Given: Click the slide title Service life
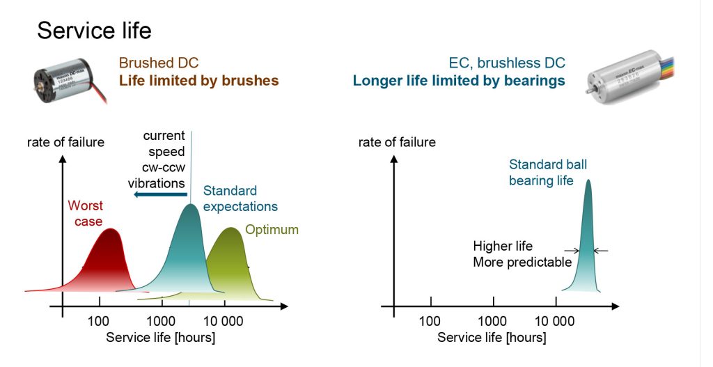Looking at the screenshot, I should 94,30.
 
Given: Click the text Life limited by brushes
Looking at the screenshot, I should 198,81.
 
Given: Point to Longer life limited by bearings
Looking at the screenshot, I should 458,81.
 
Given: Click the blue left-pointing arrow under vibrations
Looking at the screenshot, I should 159,195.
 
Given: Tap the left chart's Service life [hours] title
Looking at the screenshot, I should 160,337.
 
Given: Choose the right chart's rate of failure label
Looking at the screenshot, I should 397,143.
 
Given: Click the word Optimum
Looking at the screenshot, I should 272,230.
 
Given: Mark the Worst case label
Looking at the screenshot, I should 85,213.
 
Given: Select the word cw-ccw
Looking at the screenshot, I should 160,168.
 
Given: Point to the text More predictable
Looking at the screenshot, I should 522,263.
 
